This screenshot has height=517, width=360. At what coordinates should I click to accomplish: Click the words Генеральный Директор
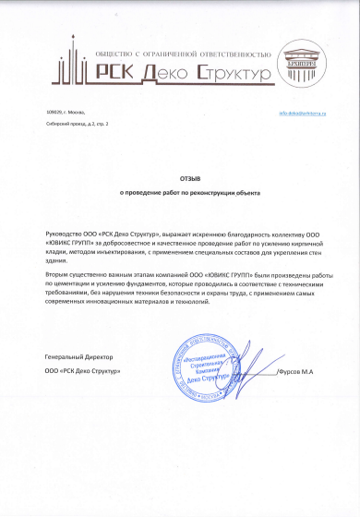coord(76,356)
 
